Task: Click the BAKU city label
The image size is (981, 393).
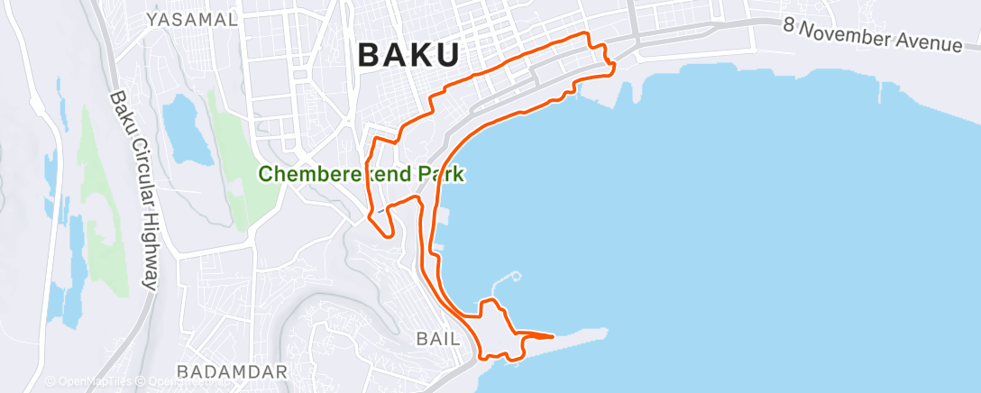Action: [408, 55]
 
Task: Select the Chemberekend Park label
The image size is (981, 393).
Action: [362, 174]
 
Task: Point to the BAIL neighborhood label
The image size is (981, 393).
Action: [438, 339]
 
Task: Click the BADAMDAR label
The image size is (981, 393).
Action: [233, 371]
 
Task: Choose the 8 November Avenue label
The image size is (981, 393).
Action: [872, 34]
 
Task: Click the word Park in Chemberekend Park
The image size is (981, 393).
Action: [440, 174]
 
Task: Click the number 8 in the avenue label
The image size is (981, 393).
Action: [789, 25]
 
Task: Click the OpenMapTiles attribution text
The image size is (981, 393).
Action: [90, 381]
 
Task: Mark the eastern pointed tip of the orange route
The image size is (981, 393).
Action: [553, 336]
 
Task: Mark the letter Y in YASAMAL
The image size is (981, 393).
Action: [152, 19]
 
